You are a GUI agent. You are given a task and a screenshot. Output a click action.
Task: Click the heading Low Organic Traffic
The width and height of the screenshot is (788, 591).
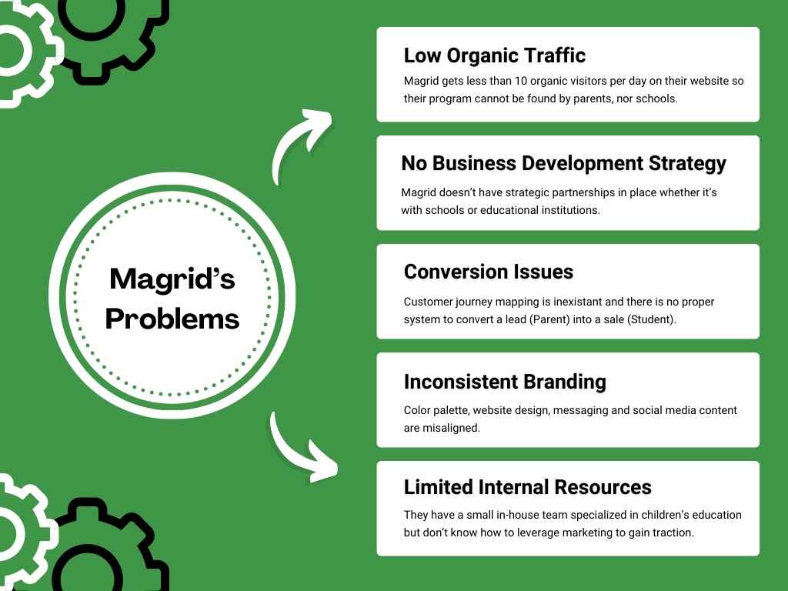click(x=494, y=55)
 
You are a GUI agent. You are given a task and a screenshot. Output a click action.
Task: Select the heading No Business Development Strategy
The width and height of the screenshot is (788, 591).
click(x=563, y=163)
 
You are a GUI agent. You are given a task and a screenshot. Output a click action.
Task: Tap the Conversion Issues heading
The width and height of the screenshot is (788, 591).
click(x=488, y=272)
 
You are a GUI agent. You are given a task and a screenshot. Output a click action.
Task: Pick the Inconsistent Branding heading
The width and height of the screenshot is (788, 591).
click(x=504, y=382)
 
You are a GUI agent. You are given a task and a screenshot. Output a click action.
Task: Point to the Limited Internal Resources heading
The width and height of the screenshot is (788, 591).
click(x=527, y=487)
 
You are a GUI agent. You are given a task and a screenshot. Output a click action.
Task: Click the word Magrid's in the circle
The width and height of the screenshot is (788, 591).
click(x=172, y=279)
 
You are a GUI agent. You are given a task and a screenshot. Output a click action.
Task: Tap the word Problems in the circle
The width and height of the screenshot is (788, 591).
click(x=172, y=318)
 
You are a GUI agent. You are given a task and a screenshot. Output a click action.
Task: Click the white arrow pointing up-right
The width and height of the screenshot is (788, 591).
click(x=300, y=142)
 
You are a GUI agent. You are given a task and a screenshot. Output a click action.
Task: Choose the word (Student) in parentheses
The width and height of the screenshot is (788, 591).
click(x=653, y=319)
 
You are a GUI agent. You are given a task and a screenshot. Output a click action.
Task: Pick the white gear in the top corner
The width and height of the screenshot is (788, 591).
click(x=19, y=50)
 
